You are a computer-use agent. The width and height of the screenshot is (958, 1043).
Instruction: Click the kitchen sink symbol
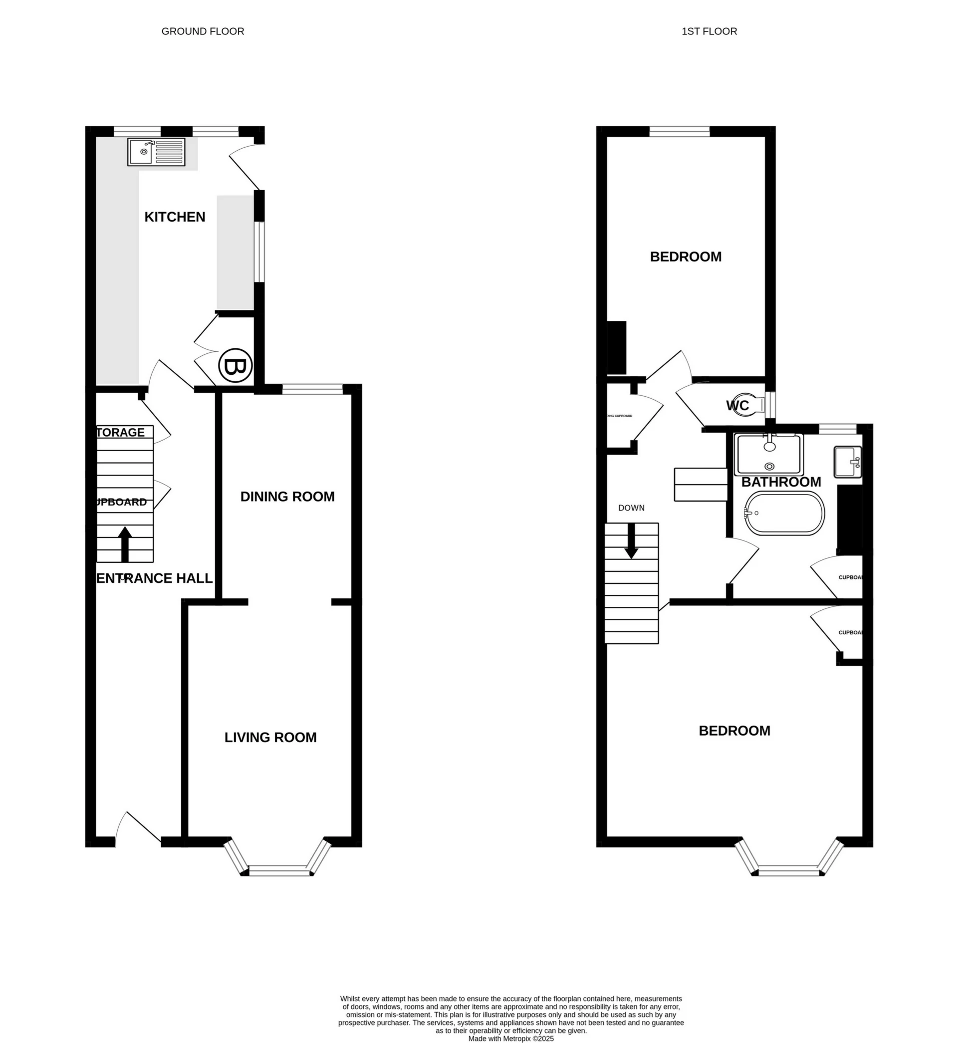[x=156, y=152]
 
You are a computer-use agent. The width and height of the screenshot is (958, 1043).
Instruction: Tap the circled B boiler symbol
[x=236, y=366]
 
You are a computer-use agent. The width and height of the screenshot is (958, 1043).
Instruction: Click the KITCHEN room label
[x=175, y=217]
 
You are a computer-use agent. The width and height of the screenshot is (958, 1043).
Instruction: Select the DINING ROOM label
[x=287, y=497]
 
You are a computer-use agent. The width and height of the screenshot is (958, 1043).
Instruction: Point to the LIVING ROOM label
[x=270, y=737]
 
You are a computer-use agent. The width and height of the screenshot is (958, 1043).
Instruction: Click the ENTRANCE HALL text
[x=155, y=578]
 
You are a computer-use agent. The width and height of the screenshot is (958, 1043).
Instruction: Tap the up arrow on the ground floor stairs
[x=125, y=544]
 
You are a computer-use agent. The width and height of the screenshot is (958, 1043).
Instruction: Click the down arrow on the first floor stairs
[x=631, y=540]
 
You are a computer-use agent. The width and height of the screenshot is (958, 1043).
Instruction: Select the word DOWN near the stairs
[x=631, y=508]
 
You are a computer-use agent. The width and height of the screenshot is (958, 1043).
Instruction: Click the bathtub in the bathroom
[x=784, y=513]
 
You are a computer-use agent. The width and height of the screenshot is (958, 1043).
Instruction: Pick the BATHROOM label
[x=781, y=482]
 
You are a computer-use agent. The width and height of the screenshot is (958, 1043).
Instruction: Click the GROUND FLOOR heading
[x=203, y=31]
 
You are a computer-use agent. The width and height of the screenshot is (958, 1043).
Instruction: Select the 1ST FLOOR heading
[x=709, y=31]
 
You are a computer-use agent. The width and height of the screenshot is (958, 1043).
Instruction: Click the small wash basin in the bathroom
[x=848, y=462]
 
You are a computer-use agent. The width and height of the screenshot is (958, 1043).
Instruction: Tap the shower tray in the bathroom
[x=769, y=455]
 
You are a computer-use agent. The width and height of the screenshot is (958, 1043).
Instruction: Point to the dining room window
[x=312, y=389]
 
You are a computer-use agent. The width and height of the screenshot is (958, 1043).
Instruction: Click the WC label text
[x=737, y=405]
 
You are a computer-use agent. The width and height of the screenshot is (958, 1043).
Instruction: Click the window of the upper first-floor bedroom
[x=680, y=132]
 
